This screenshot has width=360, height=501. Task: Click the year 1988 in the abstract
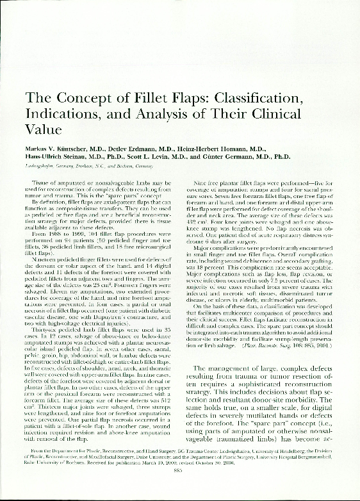coord(57,217)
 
